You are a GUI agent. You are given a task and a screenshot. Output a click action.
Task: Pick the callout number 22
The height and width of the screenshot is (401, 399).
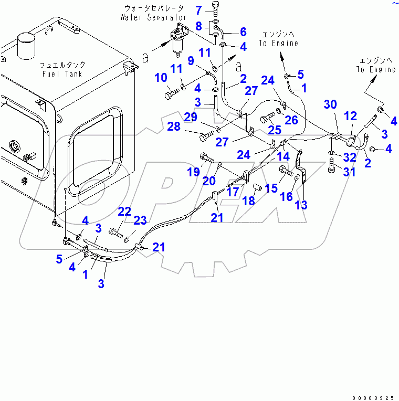pos(124,211)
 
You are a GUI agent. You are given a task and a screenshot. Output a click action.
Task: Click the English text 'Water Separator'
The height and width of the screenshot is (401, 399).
pos(153,17)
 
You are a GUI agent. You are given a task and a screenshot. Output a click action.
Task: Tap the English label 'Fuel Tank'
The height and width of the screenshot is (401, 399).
pos(62,74)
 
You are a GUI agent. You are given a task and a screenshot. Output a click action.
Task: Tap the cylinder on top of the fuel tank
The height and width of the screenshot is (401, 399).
pos(25,46)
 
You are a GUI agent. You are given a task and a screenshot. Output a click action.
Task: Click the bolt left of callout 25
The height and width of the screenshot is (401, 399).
pos(266,117)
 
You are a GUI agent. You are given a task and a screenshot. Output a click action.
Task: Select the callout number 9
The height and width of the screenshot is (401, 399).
pos(191,61)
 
